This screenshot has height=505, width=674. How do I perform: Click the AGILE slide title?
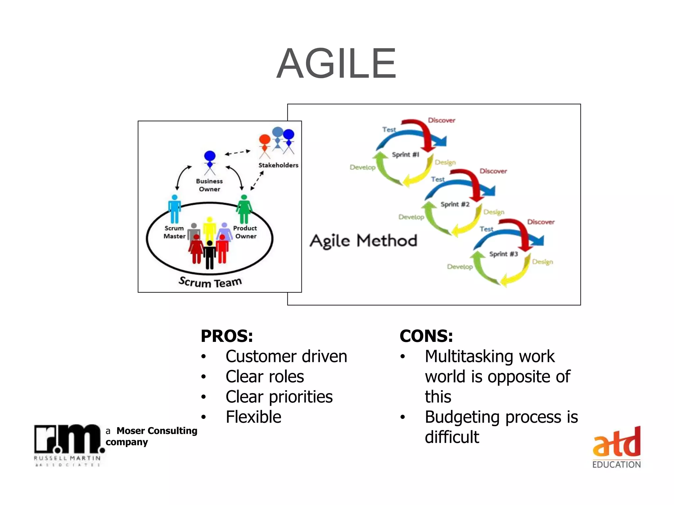[x=336, y=63]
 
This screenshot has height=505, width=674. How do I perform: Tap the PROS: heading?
[x=227, y=336]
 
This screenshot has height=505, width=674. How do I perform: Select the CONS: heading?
[x=426, y=336]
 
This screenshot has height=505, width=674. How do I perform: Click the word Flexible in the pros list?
[x=253, y=417]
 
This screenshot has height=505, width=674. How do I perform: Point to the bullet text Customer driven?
[x=286, y=356]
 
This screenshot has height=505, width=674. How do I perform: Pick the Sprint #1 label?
[x=405, y=155]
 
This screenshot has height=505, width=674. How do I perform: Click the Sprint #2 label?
[x=455, y=204]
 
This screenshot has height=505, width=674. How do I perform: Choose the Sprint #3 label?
[x=503, y=254]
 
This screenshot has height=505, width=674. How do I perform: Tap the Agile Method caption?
[x=363, y=241]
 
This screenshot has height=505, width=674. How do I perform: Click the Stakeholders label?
[x=278, y=165]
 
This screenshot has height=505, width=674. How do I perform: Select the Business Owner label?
[x=209, y=185]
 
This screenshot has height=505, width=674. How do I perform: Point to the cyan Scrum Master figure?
[x=174, y=209]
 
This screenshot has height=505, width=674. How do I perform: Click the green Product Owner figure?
[x=244, y=209]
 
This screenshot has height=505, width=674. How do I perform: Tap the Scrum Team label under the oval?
[x=210, y=282]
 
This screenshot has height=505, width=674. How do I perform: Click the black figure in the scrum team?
[x=209, y=255]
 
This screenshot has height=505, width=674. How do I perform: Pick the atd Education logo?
[x=616, y=447]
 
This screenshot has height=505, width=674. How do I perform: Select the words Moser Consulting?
[x=157, y=431]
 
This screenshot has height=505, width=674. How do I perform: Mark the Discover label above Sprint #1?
[x=441, y=120]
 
